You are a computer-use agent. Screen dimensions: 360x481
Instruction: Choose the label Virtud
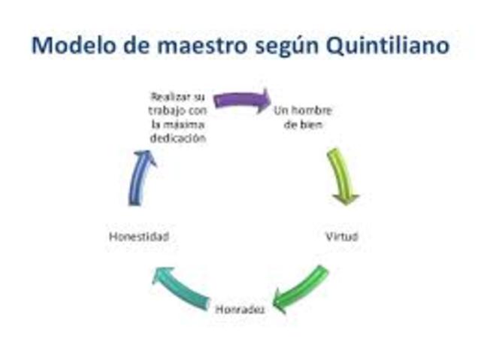pos(341,236)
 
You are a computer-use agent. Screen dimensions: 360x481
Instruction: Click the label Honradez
pos(240,308)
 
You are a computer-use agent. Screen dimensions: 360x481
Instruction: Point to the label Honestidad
pos(138,236)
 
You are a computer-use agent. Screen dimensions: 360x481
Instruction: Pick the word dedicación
pos(177,139)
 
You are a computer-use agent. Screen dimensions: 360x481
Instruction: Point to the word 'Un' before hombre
pos(280,110)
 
